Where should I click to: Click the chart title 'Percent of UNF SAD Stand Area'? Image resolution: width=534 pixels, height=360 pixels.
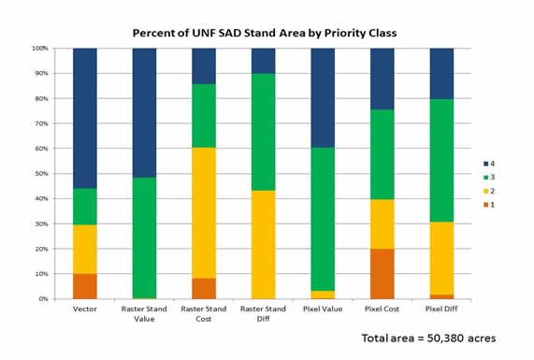tap(265, 33)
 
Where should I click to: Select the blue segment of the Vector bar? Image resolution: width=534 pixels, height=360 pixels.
tap(85, 118)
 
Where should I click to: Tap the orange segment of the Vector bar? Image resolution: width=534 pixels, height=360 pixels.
tap(85, 286)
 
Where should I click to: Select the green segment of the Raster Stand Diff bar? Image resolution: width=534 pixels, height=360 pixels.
tap(264, 132)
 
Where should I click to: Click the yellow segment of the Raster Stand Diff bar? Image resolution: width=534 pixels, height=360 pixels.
tap(264, 244)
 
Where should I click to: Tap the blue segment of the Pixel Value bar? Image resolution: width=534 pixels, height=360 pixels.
tap(323, 97)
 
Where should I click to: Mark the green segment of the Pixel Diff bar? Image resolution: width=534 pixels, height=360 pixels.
tap(441, 160)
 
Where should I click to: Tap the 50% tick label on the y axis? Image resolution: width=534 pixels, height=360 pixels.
tap(41, 173)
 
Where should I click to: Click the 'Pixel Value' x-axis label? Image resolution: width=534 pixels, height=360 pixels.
tap(323, 309)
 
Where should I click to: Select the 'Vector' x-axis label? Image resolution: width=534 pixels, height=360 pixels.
tap(85, 309)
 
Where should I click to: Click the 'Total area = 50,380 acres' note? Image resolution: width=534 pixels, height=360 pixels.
tap(428, 338)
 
